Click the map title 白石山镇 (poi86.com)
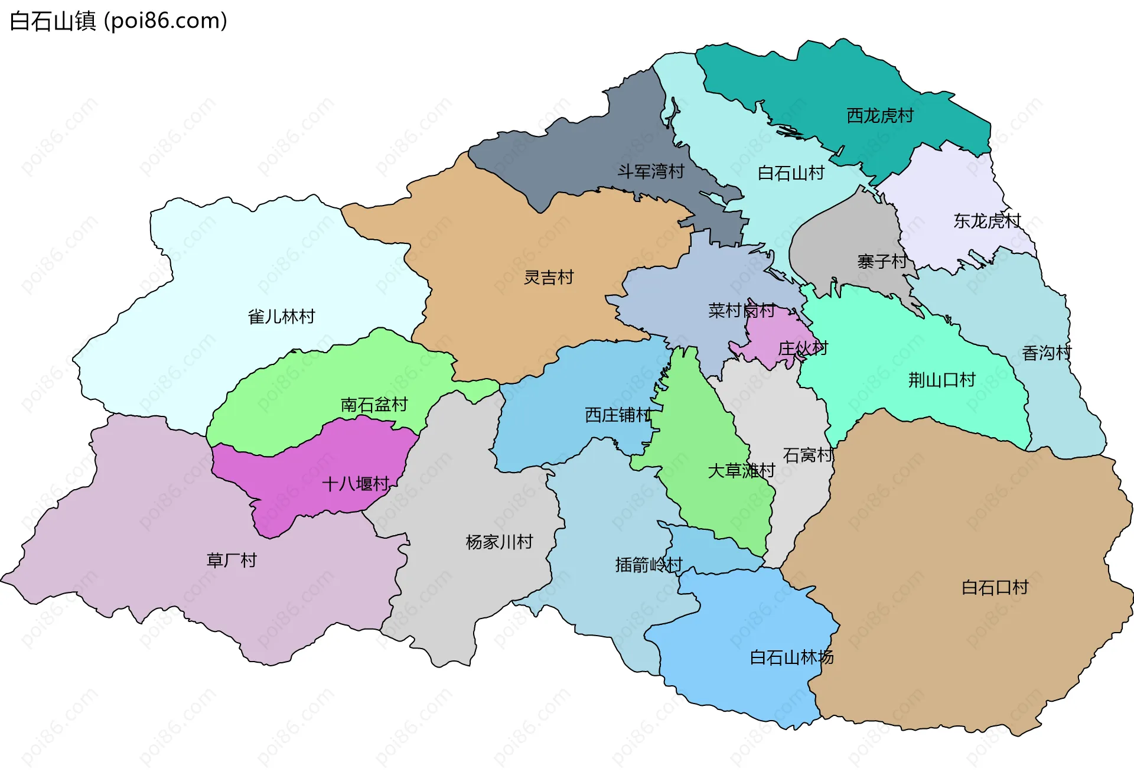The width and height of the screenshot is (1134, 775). pyautogui.click(x=118, y=21)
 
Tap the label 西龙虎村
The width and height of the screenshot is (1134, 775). pyautogui.click(x=880, y=116)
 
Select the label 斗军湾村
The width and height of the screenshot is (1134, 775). pyautogui.click(x=651, y=172)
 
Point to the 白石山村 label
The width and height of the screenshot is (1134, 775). pyautogui.click(x=791, y=174)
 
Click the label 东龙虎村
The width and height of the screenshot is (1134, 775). pyautogui.click(x=987, y=222)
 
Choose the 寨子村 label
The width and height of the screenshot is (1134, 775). pyautogui.click(x=882, y=261)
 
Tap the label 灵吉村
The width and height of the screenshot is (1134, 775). pyautogui.click(x=549, y=278)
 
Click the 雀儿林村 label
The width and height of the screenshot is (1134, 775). pyautogui.click(x=281, y=317)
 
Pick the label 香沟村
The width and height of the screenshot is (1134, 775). pyautogui.click(x=1047, y=354)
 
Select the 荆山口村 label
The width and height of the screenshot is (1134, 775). pyautogui.click(x=941, y=380)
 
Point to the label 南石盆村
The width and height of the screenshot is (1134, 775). pyautogui.click(x=374, y=405)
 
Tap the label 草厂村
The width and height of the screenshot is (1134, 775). pyautogui.click(x=232, y=561)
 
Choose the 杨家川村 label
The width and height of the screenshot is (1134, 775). pyautogui.click(x=499, y=542)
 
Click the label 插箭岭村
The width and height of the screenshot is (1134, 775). pyautogui.click(x=649, y=565)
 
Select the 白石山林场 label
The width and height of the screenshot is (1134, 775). pyautogui.click(x=791, y=658)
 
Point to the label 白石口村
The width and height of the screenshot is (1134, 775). pyautogui.click(x=995, y=588)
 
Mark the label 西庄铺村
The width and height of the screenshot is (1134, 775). pyautogui.click(x=618, y=415)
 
